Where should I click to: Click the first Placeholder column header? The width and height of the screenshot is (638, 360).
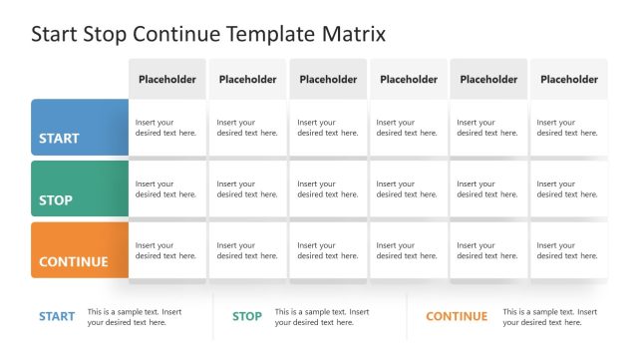167,79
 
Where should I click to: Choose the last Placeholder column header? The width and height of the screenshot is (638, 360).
568,79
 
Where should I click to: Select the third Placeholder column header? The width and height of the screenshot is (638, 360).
328,79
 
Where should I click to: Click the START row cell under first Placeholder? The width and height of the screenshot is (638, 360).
167,128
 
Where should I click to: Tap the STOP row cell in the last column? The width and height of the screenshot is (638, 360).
568,189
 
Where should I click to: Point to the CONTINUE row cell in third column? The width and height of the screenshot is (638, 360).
328,250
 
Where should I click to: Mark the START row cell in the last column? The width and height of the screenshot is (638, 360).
568,128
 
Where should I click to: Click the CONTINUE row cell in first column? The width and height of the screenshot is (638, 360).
167,250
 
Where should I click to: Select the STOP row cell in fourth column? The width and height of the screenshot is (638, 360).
409,189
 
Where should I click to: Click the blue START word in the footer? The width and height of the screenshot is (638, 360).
57,317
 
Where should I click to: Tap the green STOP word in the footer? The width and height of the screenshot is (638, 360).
247,317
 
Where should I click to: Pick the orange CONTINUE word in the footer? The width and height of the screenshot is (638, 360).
457,317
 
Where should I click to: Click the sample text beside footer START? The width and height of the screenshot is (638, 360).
135,317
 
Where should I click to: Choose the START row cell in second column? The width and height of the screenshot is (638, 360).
247,128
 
